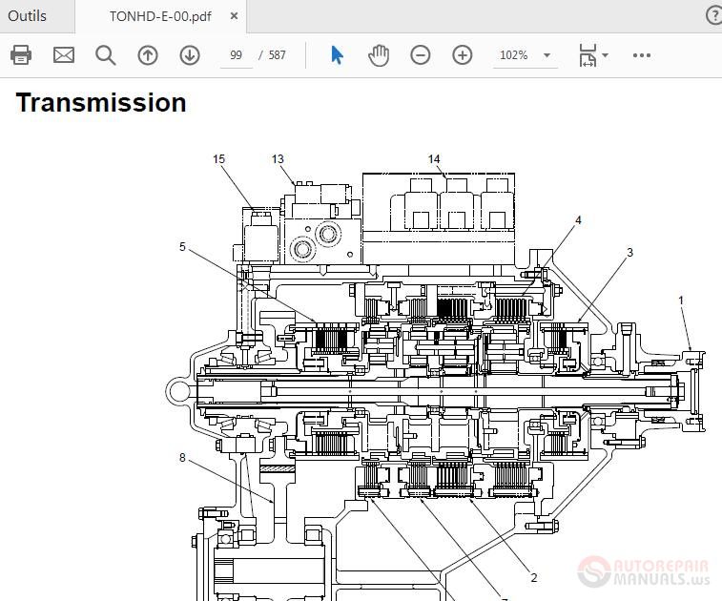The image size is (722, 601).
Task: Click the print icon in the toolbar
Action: click(21, 55)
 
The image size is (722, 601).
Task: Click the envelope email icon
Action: click(64, 55)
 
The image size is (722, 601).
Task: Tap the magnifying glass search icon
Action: click(106, 55)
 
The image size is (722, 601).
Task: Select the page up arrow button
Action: click(148, 55)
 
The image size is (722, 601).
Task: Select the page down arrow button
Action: click(190, 55)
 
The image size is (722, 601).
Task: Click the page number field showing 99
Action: click(236, 55)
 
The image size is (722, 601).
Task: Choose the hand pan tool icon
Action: click(379, 55)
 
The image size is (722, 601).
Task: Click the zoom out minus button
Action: click(421, 55)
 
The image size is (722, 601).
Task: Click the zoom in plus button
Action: click(463, 55)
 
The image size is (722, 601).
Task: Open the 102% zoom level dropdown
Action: click(524, 55)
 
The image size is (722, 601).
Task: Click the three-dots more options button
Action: click(642, 55)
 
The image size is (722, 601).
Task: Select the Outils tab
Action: click(28, 16)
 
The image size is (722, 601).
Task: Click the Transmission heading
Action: click(101, 102)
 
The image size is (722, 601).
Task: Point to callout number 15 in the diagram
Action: click(219, 159)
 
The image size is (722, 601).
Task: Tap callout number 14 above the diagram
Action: click(434, 159)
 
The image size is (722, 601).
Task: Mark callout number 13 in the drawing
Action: click(278, 159)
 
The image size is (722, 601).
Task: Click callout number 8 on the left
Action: click(182, 458)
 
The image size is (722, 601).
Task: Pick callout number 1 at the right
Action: click(681, 300)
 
